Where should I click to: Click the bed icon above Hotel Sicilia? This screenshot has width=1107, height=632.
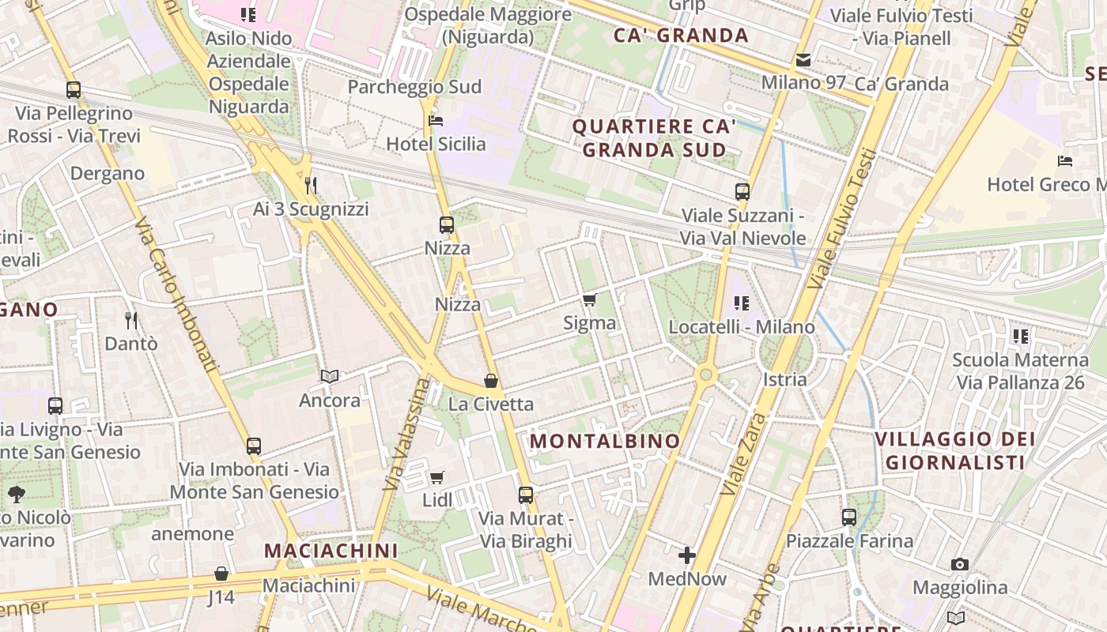click(435, 121)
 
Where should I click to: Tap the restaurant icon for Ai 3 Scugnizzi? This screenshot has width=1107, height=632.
click(311, 186)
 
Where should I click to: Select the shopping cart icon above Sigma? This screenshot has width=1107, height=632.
click(589, 299)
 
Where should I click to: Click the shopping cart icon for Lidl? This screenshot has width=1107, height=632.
click(437, 477)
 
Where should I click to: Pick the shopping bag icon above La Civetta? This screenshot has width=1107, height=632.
click(491, 381)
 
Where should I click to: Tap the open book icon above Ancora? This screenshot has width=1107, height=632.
click(330, 376)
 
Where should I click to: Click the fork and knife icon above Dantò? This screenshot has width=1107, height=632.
click(131, 320)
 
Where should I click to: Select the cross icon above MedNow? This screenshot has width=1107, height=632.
click(687, 555)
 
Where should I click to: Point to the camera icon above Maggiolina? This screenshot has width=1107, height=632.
click(960, 564)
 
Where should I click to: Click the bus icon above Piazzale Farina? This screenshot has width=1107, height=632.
click(849, 517)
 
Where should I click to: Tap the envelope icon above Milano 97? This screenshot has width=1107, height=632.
click(803, 59)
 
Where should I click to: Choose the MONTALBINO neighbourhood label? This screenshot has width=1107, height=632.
click(605, 441)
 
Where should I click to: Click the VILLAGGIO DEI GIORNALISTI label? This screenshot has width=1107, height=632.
click(955, 450)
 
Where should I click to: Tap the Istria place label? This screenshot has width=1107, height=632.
click(785, 379)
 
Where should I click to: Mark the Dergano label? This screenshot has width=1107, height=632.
click(108, 174)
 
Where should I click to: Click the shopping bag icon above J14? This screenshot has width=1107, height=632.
click(221, 574)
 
